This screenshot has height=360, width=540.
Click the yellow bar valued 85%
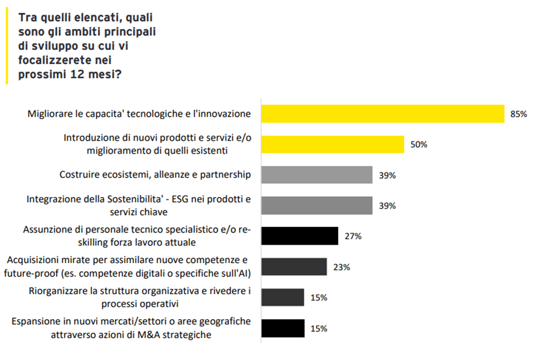point(383,114)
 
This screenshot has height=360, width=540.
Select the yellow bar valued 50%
point(333,144)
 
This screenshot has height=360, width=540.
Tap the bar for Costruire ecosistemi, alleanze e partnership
point(317,175)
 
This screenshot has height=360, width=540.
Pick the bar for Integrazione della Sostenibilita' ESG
point(317,205)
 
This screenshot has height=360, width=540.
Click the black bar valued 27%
point(300,236)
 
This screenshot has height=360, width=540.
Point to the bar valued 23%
point(294,267)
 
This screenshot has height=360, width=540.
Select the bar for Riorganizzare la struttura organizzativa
point(283,297)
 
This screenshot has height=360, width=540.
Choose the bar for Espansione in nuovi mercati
point(283,328)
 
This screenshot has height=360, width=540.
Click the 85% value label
point(518,114)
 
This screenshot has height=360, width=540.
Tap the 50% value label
point(418,144)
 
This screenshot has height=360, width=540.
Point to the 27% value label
point(353,236)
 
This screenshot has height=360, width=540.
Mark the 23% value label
point(341,267)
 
